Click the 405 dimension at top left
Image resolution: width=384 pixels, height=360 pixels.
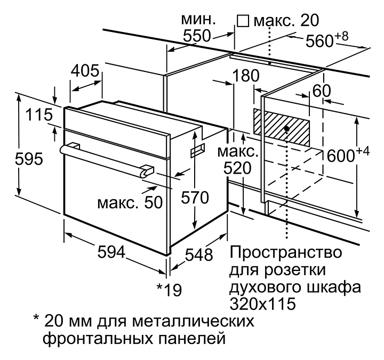(x=85, y=70)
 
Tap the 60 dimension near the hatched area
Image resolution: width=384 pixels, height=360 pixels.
(x=322, y=91)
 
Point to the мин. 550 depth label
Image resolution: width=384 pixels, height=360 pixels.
(x=198, y=28)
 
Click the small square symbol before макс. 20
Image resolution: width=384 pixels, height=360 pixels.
(x=243, y=21)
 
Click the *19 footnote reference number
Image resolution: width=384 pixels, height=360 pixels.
(x=169, y=290)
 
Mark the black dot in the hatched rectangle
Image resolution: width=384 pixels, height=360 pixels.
(x=287, y=129)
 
